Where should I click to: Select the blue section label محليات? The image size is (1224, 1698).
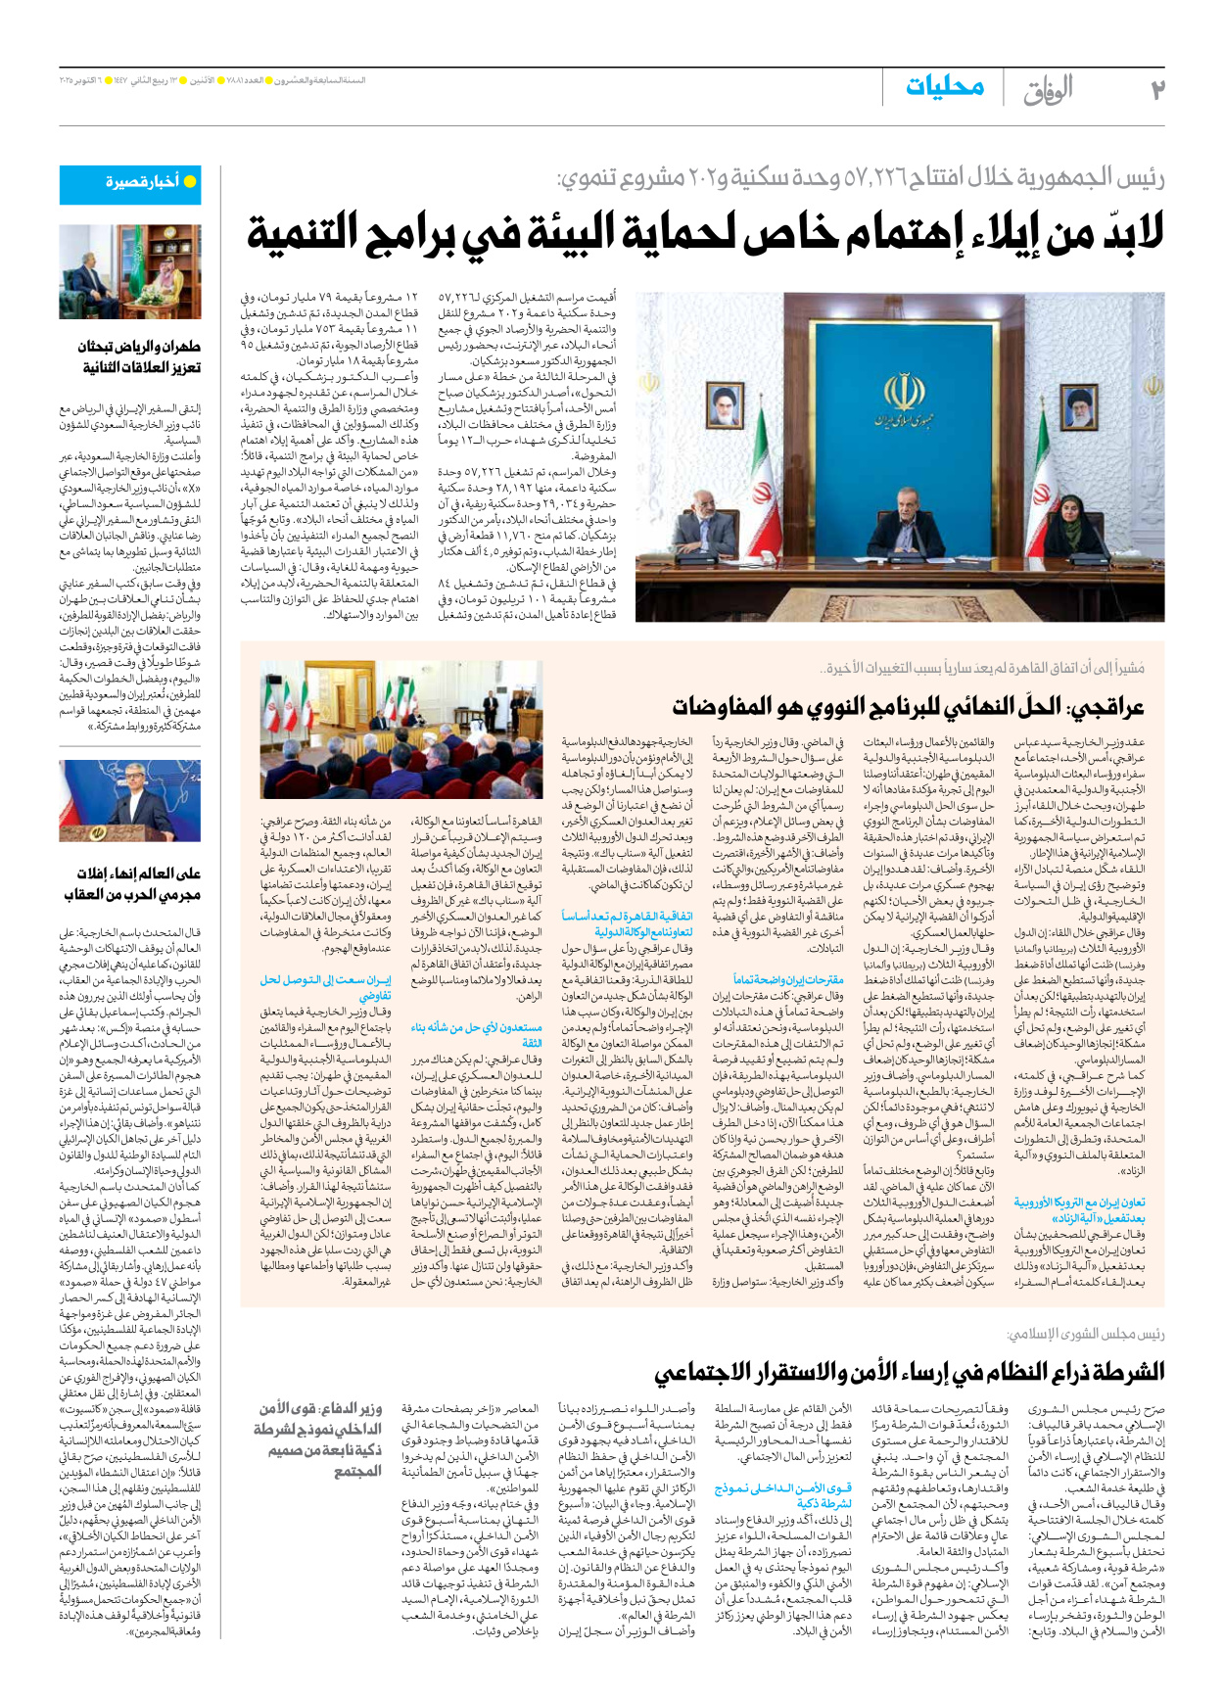point(944,87)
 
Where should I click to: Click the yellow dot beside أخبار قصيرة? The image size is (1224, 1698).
point(190,182)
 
